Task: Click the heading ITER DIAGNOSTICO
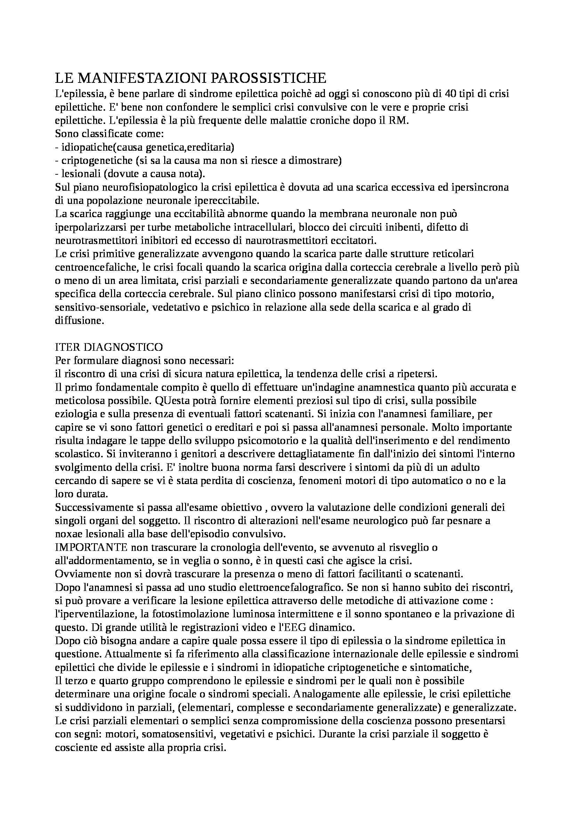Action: click(109, 346)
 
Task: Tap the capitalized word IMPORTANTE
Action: click(91, 548)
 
